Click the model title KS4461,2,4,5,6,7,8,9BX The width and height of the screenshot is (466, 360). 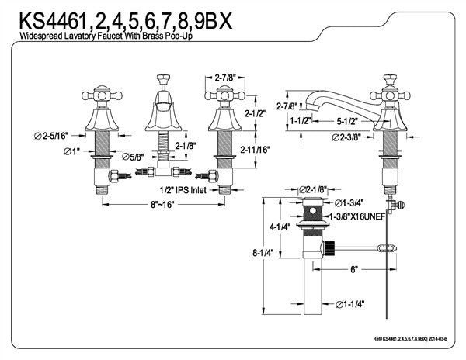point(120,19)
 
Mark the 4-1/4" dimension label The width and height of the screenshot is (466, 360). point(280,228)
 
